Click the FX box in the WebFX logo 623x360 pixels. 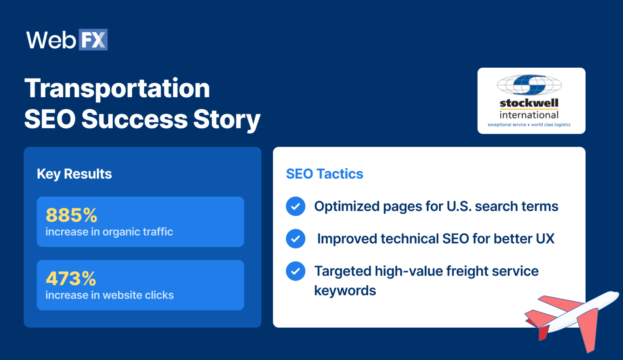(93, 40)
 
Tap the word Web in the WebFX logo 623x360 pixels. (51, 40)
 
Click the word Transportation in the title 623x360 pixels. (117, 88)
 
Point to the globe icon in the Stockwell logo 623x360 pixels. (529, 85)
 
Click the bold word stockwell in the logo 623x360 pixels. (529, 103)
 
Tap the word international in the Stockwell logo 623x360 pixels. (529, 115)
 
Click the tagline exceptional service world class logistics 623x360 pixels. (529, 125)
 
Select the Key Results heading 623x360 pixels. (74, 174)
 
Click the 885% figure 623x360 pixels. (71, 215)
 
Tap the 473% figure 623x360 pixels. (71, 279)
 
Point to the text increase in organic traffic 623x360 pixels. (109, 232)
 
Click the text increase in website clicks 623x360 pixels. (110, 295)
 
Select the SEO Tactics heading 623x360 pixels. (324, 174)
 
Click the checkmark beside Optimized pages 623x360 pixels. (296, 206)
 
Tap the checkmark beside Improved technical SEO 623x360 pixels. (296, 239)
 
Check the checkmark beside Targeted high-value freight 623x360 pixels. (296, 271)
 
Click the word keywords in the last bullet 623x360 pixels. (345, 291)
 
